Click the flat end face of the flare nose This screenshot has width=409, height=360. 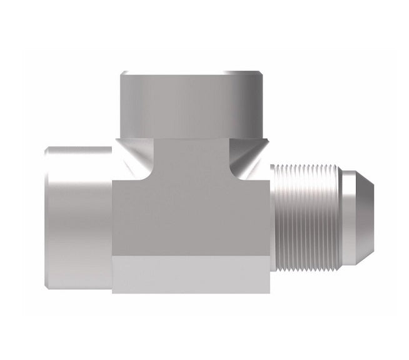click(374, 200)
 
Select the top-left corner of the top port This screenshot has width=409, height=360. click(121, 73)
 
